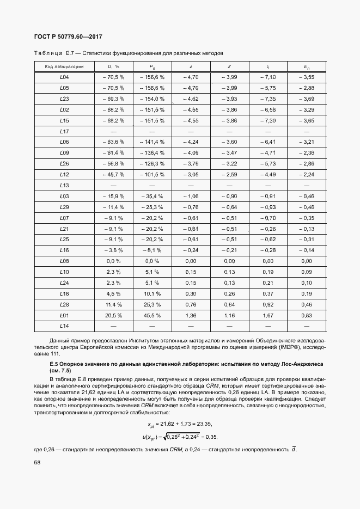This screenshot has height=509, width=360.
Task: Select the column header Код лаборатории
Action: click(64, 66)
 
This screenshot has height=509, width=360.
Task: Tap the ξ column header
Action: click(268, 66)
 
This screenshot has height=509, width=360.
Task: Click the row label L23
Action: click(64, 99)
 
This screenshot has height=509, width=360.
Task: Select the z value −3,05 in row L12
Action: click(191, 174)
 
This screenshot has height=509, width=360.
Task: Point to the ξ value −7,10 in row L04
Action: click(268, 77)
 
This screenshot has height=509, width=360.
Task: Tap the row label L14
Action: click(64, 326)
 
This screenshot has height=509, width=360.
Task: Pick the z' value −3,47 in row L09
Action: click(229, 153)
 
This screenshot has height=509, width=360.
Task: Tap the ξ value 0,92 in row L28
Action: click(268, 304)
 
